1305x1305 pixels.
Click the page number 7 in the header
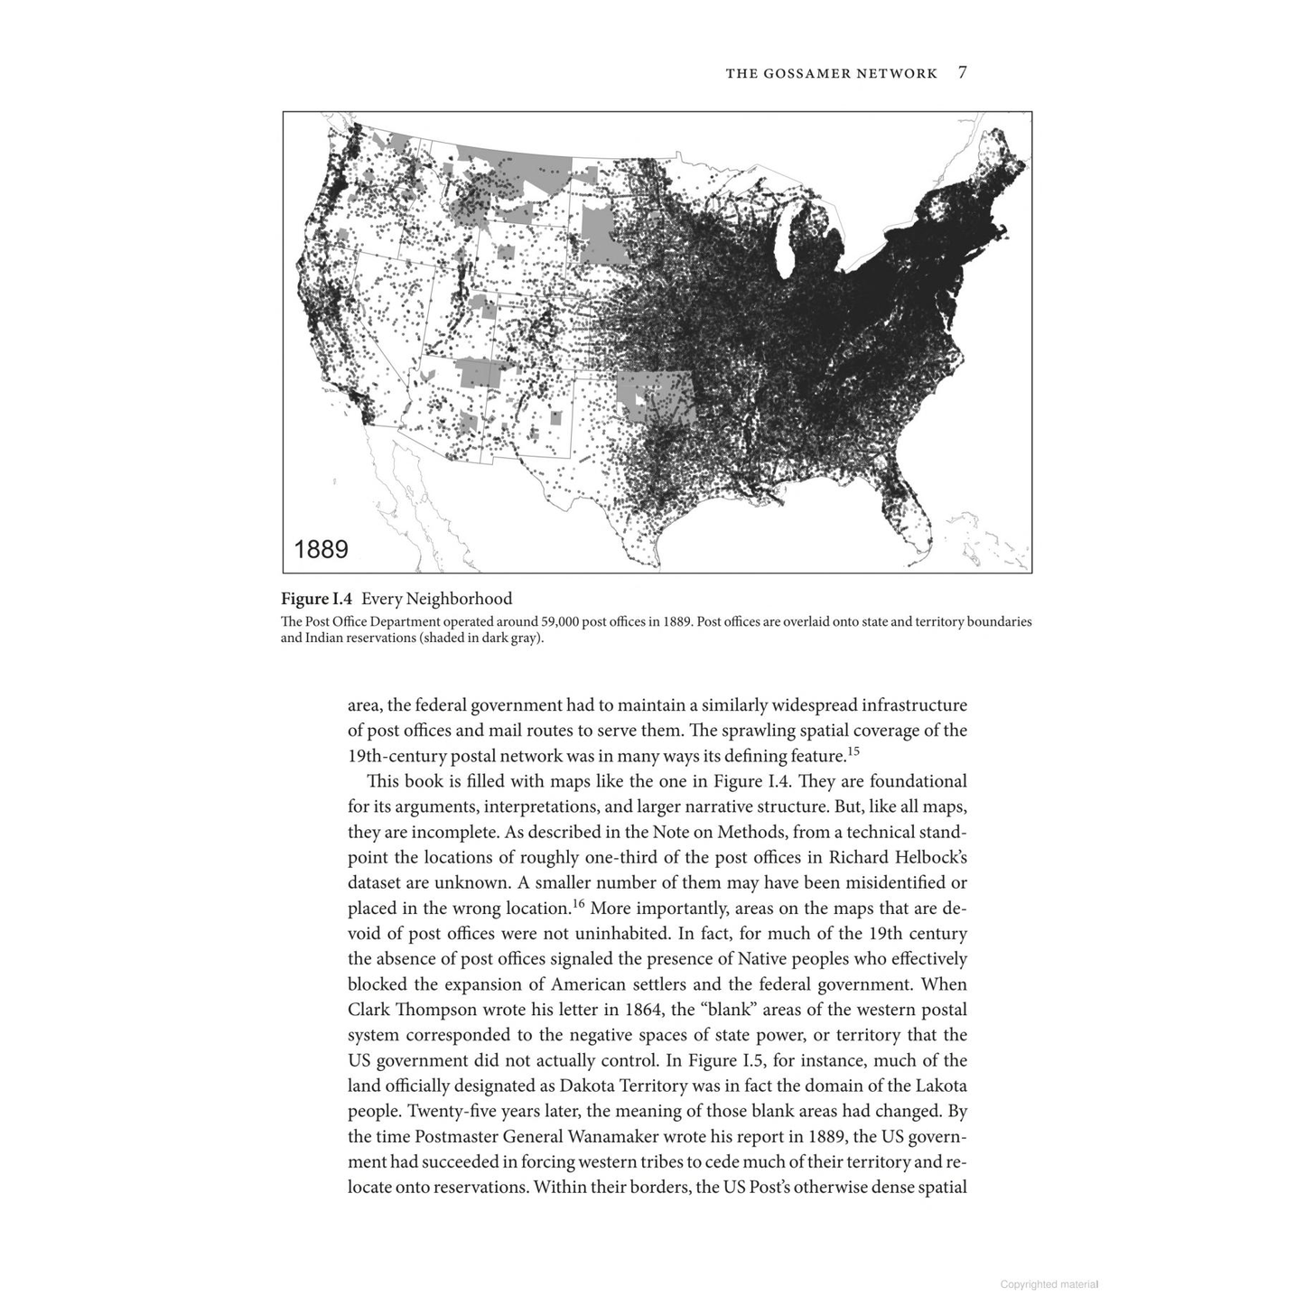click(x=963, y=73)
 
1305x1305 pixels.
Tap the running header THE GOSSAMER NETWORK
click(x=831, y=73)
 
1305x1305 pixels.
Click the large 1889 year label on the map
click(x=322, y=549)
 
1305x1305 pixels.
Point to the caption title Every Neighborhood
click(x=436, y=599)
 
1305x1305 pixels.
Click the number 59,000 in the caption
click(x=566, y=621)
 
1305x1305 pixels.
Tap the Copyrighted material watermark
click(x=1049, y=1284)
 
